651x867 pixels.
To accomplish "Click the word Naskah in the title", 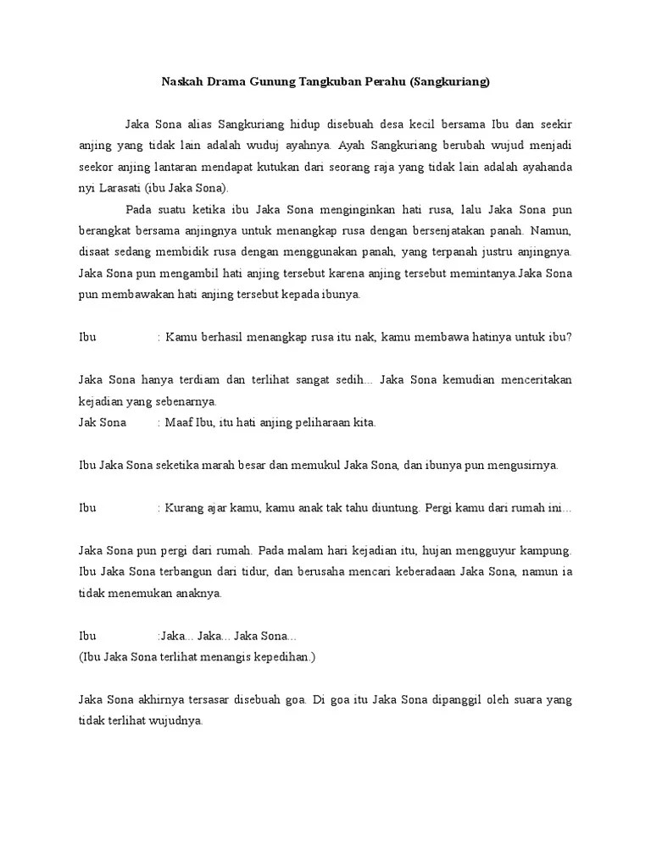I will pyautogui.click(x=180, y=83).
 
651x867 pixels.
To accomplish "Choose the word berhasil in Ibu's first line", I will pyautogui.click(x=221, y=337).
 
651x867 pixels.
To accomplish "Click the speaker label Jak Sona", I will pyautogui.click(x=102, y=422).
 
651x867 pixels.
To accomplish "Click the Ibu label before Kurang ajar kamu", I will pyautogui.click(x=87, y=508).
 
